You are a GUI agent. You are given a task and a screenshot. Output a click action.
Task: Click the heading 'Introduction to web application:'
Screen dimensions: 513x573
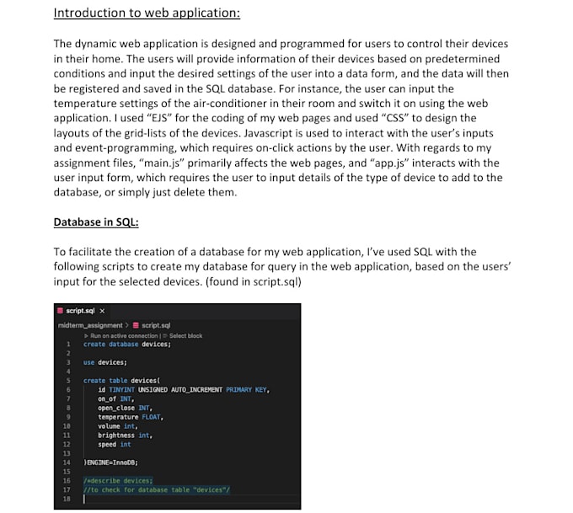(x=146, y=13)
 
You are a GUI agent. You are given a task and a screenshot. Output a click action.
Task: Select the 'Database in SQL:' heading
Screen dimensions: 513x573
(x=96, y=222)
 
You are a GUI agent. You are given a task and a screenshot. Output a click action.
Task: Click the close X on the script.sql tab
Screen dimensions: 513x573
(x=103, y=311)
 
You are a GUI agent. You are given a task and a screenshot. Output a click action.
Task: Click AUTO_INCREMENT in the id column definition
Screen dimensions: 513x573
(x=197, y=390)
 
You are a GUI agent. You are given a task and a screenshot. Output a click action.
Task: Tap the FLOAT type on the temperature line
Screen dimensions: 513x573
(x=152, y=417)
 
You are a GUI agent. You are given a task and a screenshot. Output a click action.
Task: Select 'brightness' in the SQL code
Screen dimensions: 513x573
(x=116, y=436)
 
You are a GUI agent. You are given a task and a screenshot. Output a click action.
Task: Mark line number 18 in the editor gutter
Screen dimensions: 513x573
(x=67, y=499)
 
